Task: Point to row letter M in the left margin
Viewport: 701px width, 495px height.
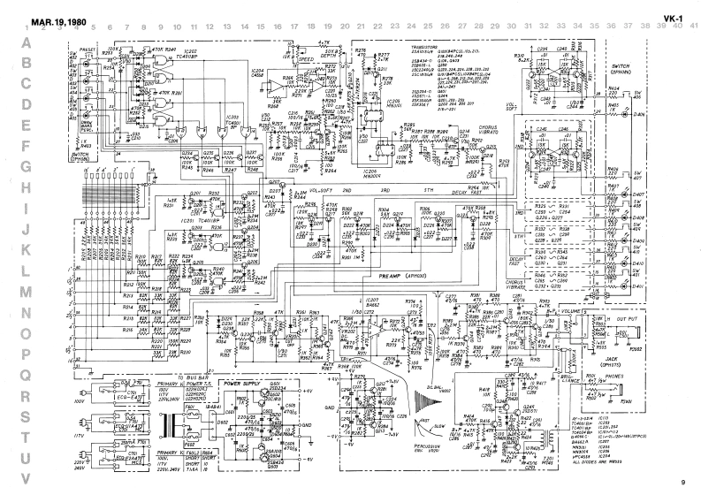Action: [27, 292]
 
